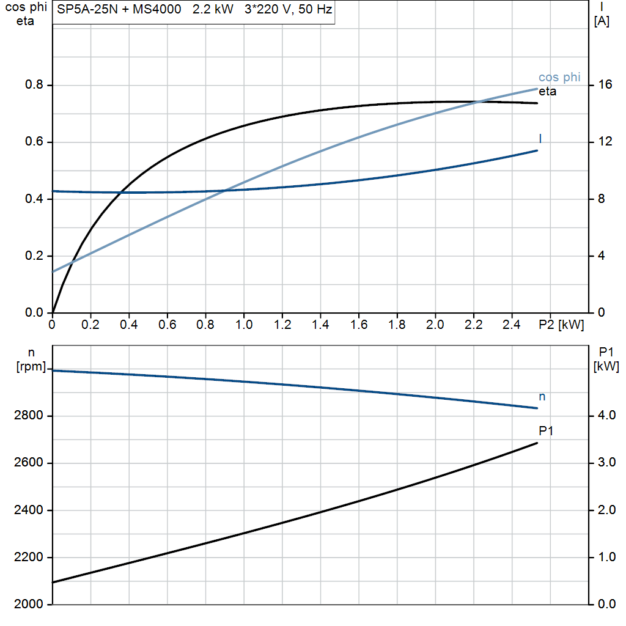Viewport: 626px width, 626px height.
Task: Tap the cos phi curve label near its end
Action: pyautogui.click(x=559, y=78)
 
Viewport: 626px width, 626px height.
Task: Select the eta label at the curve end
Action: pyautogui.click(x=547, y=92)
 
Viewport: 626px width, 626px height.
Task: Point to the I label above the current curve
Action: pyautogui.click(x=540, y=139)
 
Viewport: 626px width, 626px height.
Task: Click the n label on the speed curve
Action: pyautogui.click(x=542, y=397)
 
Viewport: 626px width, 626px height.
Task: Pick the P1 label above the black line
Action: pyautogui.click(x=546, y=431)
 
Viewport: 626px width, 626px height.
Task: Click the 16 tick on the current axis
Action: pyautogui.click(x=605, y=85)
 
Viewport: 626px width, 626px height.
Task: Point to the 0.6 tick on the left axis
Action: pyautogui.click(x=34, y=142)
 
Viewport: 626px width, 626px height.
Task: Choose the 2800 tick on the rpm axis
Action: pyautogui.click(x=28, y=416)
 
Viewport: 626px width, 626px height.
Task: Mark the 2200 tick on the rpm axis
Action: pyautogui.click(x=28, y=558)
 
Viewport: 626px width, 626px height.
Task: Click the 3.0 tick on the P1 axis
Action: pyautogui.click(x=606, y=463)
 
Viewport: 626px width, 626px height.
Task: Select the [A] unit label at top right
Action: pyautogui.click(x=602, y=21)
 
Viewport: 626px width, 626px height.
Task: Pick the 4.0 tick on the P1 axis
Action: pyautogui.click(x=606, y=416)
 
